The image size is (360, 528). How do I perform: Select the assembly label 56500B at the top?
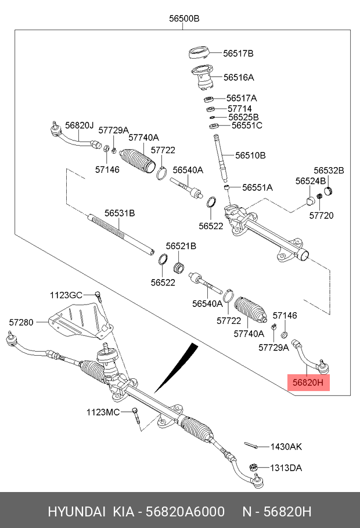point(184,19)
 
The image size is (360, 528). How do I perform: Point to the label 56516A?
point(239,77)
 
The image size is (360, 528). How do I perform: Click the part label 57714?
point(239,109)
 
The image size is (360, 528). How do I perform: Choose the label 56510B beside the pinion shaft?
point(250,155)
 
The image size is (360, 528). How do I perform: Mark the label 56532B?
point(329,171)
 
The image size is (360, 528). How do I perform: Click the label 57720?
point(321,216)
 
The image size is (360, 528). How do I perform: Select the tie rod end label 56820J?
point(79,125)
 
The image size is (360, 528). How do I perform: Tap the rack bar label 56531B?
point(120,213)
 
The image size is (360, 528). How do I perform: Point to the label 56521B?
point(181,246)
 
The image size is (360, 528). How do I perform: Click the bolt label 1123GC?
point(66,295)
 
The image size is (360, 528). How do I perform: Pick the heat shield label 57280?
point(21,321)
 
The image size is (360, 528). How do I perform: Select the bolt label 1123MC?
point(103,412)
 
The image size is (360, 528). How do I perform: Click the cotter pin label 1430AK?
point(286,447)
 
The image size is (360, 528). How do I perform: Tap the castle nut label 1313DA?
point(286,468)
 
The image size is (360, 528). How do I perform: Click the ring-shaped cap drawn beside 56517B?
point(199,54)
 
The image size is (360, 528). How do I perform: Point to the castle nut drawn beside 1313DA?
point(253,467)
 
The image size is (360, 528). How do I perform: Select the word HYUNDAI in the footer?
point(76,512)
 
